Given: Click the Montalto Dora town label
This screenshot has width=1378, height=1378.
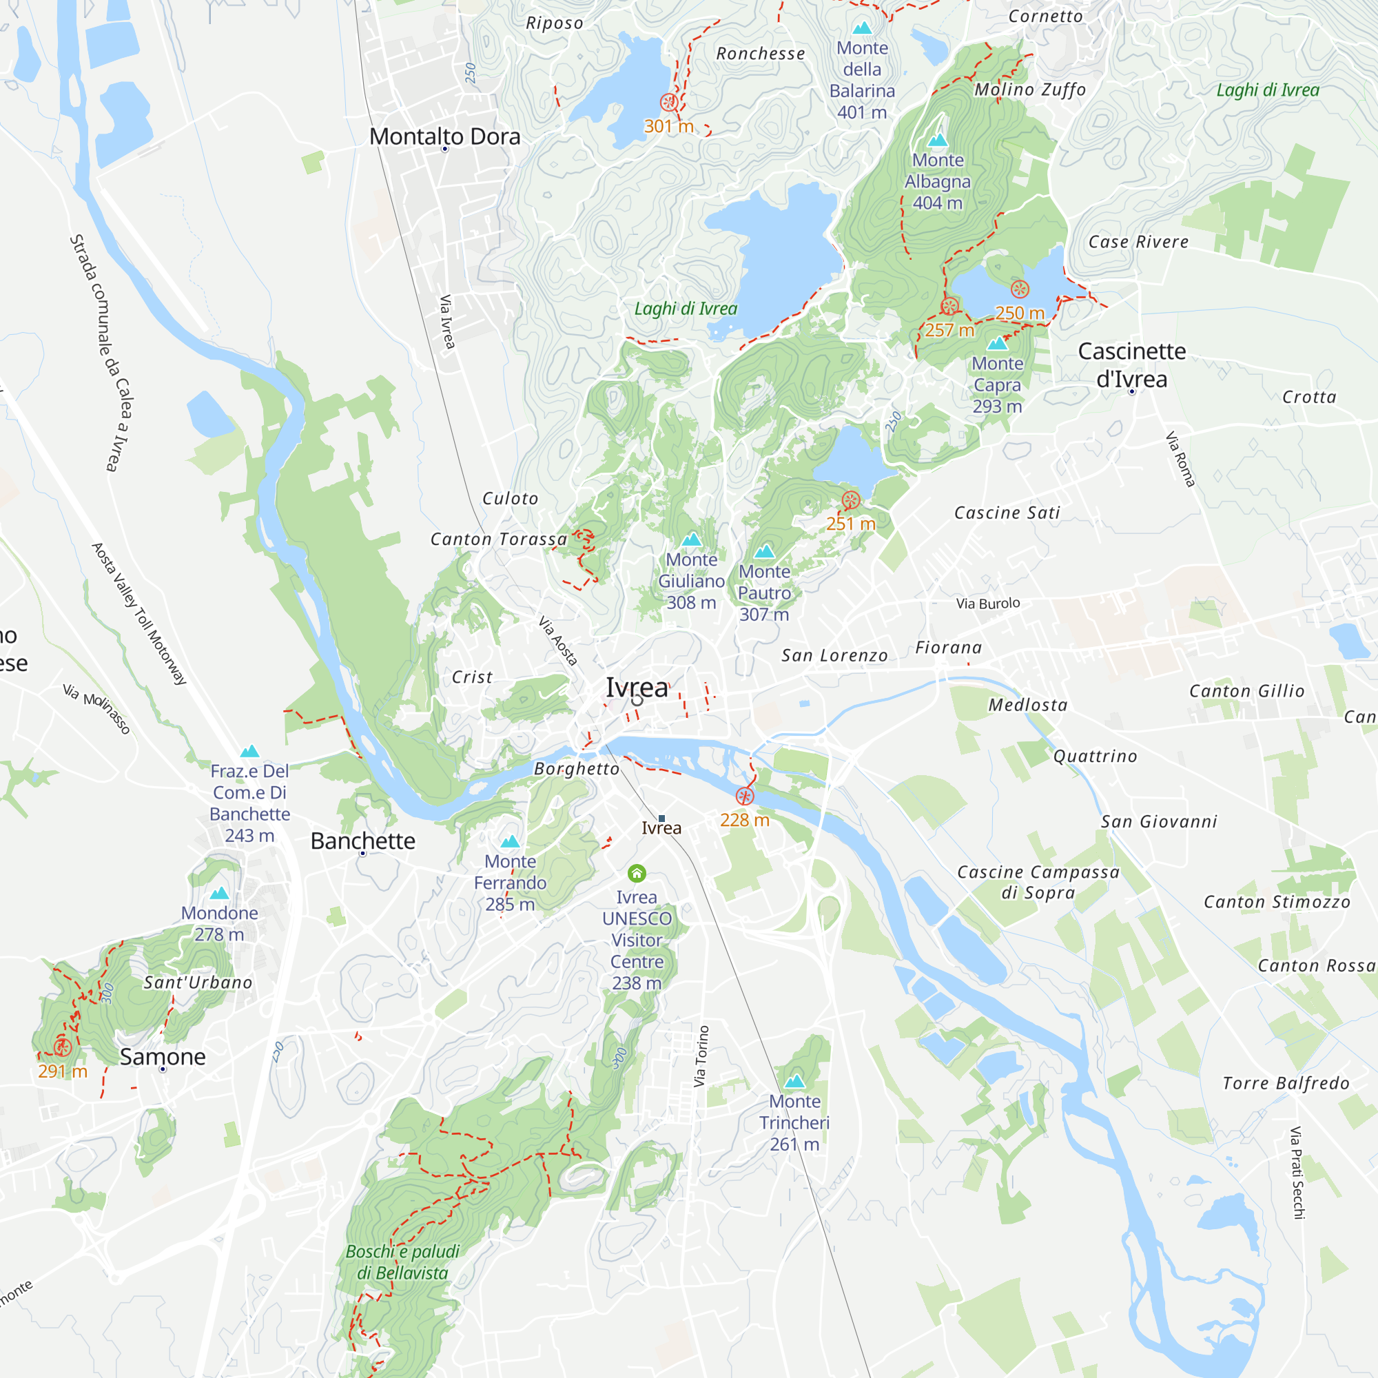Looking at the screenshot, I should click(444, 136).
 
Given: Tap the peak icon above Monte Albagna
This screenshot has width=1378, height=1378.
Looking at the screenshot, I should click(937, 140).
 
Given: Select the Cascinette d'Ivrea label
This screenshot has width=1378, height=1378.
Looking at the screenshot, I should click(1131, 364).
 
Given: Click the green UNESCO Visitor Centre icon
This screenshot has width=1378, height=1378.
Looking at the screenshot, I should click(636, 873).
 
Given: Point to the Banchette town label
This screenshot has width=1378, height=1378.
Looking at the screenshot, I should click(362, 841).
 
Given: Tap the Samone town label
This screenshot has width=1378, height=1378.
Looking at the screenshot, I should click(163, 1056).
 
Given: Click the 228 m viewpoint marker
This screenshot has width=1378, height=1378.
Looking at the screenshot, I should click(745, 796).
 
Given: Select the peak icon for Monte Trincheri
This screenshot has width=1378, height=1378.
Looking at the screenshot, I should click(794, 1080).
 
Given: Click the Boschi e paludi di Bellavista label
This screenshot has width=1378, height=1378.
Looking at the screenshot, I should click(402, 1262).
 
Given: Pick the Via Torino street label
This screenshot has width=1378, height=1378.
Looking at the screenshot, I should click(702, 1056).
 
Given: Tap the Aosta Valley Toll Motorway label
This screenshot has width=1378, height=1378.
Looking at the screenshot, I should click(139, 614).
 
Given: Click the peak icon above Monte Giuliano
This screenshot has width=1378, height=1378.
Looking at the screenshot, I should click(691, 539).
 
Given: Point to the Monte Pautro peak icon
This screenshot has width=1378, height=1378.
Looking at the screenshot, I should click(764, 551).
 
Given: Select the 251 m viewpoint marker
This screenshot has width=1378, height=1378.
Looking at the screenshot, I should click(850, 500).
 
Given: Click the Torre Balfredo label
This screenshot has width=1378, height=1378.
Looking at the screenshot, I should click(1285, 1083).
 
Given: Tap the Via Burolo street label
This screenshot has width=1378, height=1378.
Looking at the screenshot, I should click(988, 604).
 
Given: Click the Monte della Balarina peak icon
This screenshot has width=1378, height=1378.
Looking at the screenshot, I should click(862, 28).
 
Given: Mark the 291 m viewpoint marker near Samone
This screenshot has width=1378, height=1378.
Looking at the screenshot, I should click(62, 1047).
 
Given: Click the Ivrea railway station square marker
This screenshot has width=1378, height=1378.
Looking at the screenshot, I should click(661, 818).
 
